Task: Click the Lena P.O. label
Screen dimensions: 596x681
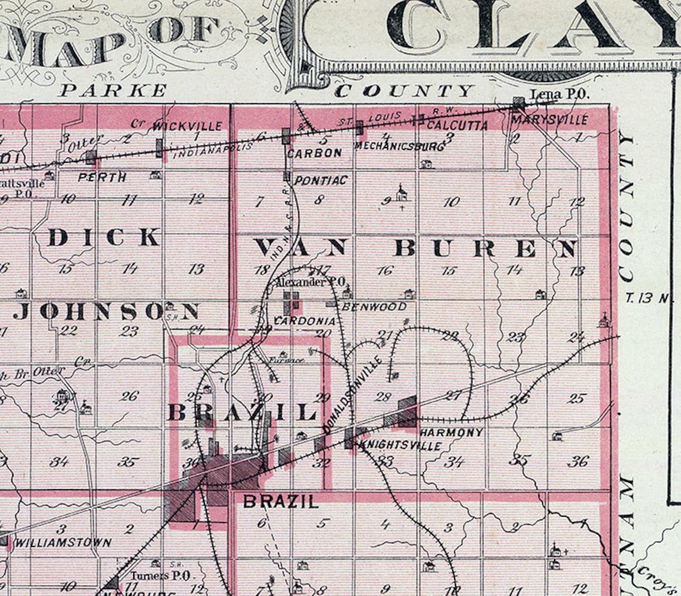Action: click(560, 94)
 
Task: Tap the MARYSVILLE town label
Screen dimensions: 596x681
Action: click(549, 120)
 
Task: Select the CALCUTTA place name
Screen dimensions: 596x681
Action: click(457, 125)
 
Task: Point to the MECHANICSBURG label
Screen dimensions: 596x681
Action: click(399, 147)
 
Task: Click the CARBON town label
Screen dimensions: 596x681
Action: click(314, 153)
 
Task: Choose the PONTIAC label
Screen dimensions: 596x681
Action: click(320, 181)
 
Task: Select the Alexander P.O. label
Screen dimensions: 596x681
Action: click(310, 282)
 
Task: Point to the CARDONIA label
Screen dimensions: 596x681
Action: click(304, 321)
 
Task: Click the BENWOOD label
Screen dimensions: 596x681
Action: click(374, 307)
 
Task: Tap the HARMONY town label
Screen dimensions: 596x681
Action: click(452, 432)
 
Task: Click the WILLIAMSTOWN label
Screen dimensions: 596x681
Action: click(63, 543)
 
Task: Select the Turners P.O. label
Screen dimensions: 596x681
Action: click(160, 576)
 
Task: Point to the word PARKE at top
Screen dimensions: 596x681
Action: click(113, 91)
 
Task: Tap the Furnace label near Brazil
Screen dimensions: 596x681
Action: click(286, 360)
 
